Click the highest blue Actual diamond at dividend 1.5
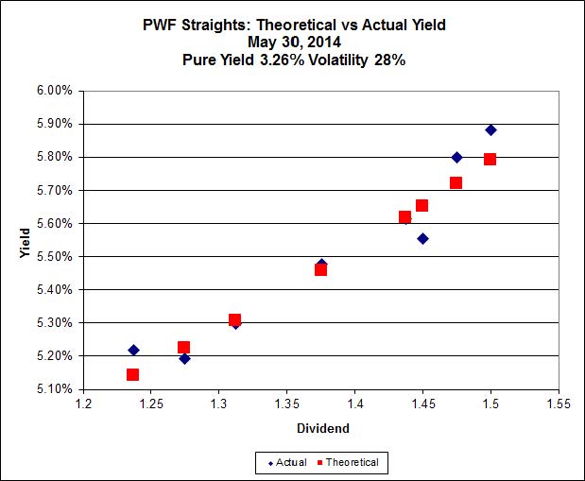(490, 129)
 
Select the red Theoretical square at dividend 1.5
(490, 159)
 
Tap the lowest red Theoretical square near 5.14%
(132, 374)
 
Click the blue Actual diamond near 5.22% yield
(133, 350)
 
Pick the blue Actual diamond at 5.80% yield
(456, 157)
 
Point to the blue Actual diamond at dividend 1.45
(422, 238)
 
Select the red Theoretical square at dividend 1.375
(320, 269)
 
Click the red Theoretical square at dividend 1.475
(456, 182)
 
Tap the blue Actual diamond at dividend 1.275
(184, 358)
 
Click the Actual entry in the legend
(284, 462)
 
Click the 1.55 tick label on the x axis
(559, 404)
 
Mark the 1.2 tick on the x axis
(84, 404)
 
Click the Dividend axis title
(321, 428)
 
